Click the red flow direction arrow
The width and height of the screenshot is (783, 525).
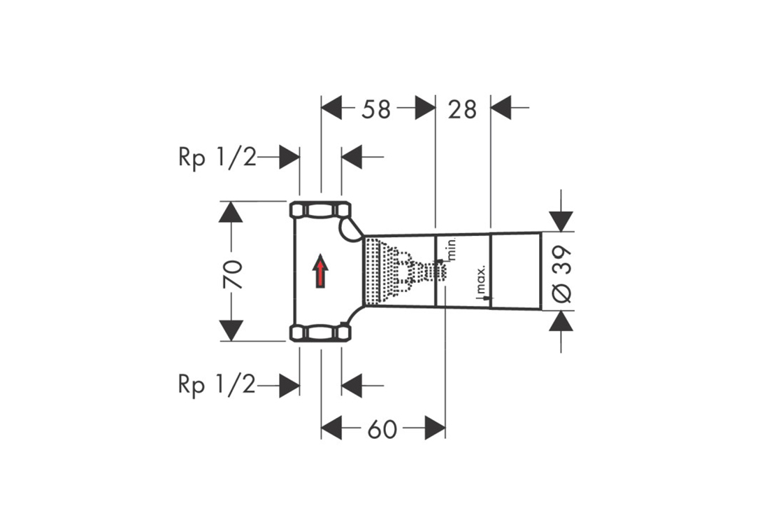[x=320, y=272]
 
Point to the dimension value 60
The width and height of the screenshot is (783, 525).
[x=382, y=429]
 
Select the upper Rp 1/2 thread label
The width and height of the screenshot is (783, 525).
[x=217, y=158]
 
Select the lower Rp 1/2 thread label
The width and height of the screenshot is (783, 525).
[x=217, y=384]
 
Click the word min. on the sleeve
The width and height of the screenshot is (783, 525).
[x=452, y=249]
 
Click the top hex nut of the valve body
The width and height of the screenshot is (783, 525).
[x=320, y=209]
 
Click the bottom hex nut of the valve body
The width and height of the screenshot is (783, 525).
[x=320, y=333]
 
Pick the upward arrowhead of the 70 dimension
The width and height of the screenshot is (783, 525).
[x=231, y=211]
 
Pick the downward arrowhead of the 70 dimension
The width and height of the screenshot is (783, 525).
[x=231, y=330]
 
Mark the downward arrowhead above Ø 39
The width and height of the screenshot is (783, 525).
[x=561, y=220]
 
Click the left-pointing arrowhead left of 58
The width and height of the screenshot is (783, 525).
[x=331, y=108]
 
